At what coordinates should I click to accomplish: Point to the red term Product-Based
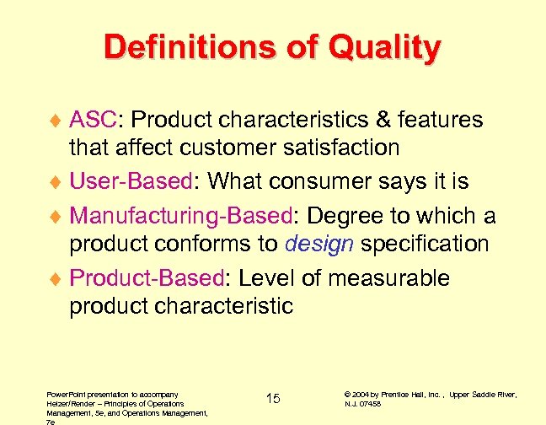tap(145, 278)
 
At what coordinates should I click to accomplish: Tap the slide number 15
tap(273, 398)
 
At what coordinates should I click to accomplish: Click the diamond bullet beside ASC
tap(57, 121)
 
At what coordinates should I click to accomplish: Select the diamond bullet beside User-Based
tap(57, 182)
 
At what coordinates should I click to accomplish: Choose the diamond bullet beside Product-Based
tap(57, 280)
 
